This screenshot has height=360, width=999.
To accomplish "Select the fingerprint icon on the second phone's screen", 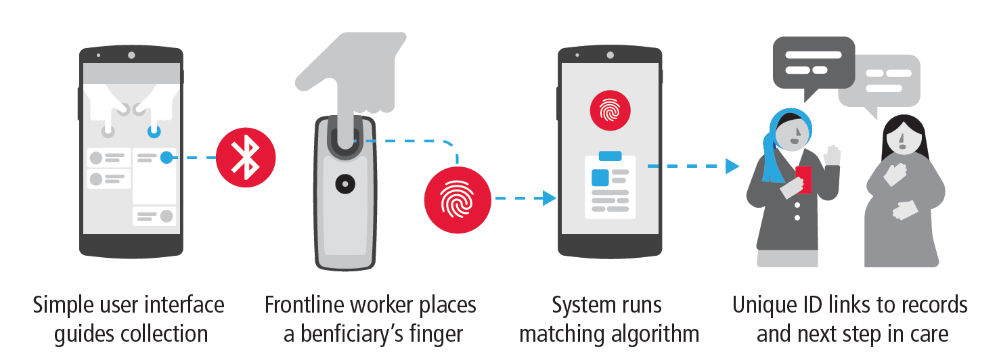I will point(609,109).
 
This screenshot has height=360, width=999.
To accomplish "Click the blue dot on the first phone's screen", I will point(166,158).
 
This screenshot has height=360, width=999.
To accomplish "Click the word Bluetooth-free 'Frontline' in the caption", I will point(307,305).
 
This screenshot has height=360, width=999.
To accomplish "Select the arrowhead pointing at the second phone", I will point(549,198).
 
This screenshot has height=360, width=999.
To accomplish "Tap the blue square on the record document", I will point(600,177).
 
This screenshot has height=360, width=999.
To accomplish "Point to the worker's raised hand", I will point(832,156).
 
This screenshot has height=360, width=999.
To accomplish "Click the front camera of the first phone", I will point(131,54).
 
